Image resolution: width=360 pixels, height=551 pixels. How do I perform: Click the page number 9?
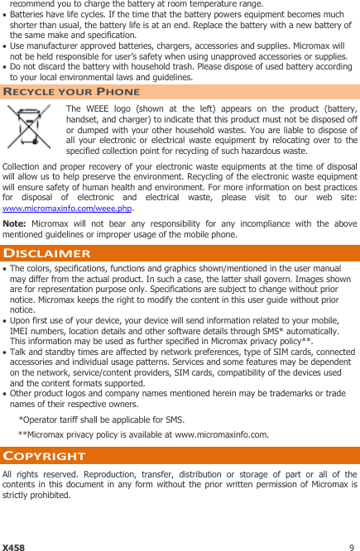[352, 547]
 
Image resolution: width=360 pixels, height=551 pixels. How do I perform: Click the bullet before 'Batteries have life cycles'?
[5, 17]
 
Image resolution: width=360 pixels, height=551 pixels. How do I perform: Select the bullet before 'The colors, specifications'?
[5, 269]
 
